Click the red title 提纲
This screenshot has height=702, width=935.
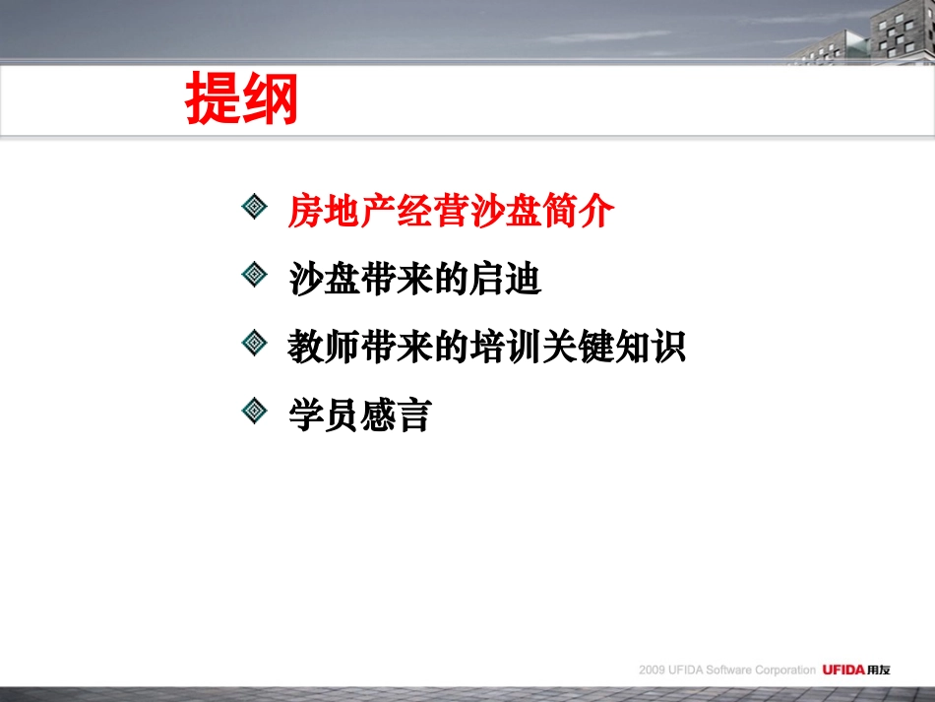(241, 100)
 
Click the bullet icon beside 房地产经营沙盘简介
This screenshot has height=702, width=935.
(255, 207)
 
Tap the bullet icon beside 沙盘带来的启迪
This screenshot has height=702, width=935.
(255, 275)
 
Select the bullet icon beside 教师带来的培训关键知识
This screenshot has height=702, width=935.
(255, 343)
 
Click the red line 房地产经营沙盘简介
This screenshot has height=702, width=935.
(451, 211)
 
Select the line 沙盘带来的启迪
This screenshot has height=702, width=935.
(414, 280)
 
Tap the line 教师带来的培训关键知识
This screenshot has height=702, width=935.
(486, 348)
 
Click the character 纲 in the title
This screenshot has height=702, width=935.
(270, 100)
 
